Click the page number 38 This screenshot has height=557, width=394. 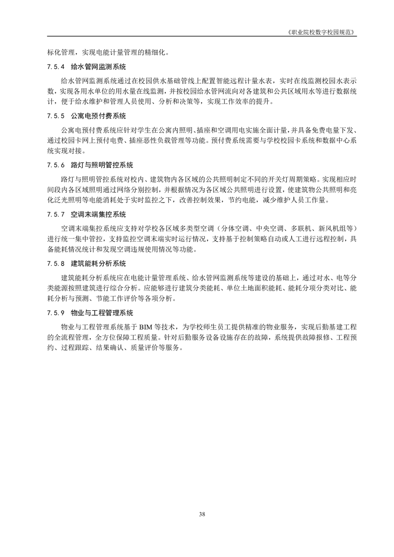click(x=202, y=513)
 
